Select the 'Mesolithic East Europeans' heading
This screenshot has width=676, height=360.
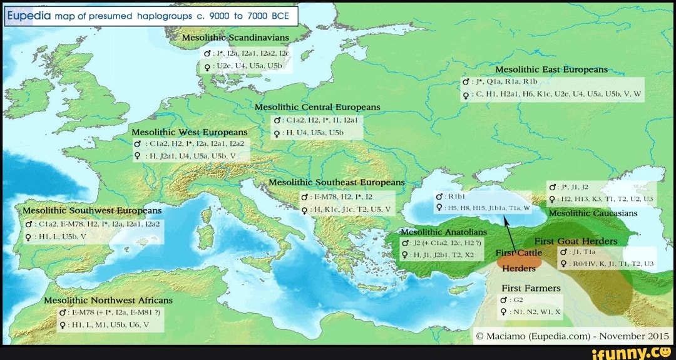coord(551,69)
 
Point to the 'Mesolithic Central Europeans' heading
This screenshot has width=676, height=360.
coord(317,107)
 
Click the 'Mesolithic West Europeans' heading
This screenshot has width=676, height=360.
coord(190,133)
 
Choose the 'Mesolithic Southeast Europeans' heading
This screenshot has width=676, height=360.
coord(337,183)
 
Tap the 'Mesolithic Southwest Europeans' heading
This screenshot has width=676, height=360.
coord(93,210)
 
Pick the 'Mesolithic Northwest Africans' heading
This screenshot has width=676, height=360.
coord(108,300)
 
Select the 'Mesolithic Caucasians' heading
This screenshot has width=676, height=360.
coord(593,213)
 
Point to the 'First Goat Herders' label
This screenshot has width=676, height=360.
coord(575,242)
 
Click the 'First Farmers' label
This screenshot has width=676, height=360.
coord(531,288)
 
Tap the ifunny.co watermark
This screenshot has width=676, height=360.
coord(634,352)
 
